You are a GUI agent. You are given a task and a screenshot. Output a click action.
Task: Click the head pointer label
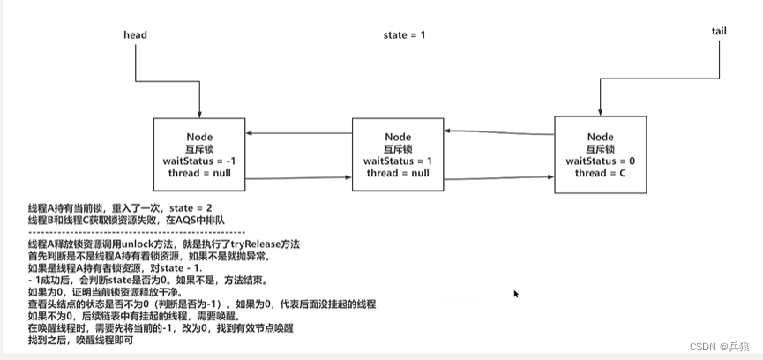[x=134, y=35]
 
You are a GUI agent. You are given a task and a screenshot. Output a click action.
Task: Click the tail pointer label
[x=719, y=31]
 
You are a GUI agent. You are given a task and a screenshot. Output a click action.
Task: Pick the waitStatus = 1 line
[x=398, y=161]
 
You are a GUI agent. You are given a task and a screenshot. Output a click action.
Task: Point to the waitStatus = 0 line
[x=600, y=161]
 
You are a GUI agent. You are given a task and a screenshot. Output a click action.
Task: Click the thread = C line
[x=600, y=174]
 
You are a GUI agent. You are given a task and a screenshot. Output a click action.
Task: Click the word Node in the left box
[x=200, y=137]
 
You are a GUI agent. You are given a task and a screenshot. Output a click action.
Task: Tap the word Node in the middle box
[x=398, y=137]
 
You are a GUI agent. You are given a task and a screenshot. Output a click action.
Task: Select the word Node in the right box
[x=600, y=137]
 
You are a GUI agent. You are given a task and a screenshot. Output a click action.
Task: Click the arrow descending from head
[x=199, y=84]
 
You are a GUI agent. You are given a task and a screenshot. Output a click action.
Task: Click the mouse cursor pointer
[x=515, y=295]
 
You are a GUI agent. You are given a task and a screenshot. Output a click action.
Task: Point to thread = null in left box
[x=200, y=173]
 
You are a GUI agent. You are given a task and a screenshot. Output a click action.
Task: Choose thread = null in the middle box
[x=398, y=174]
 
